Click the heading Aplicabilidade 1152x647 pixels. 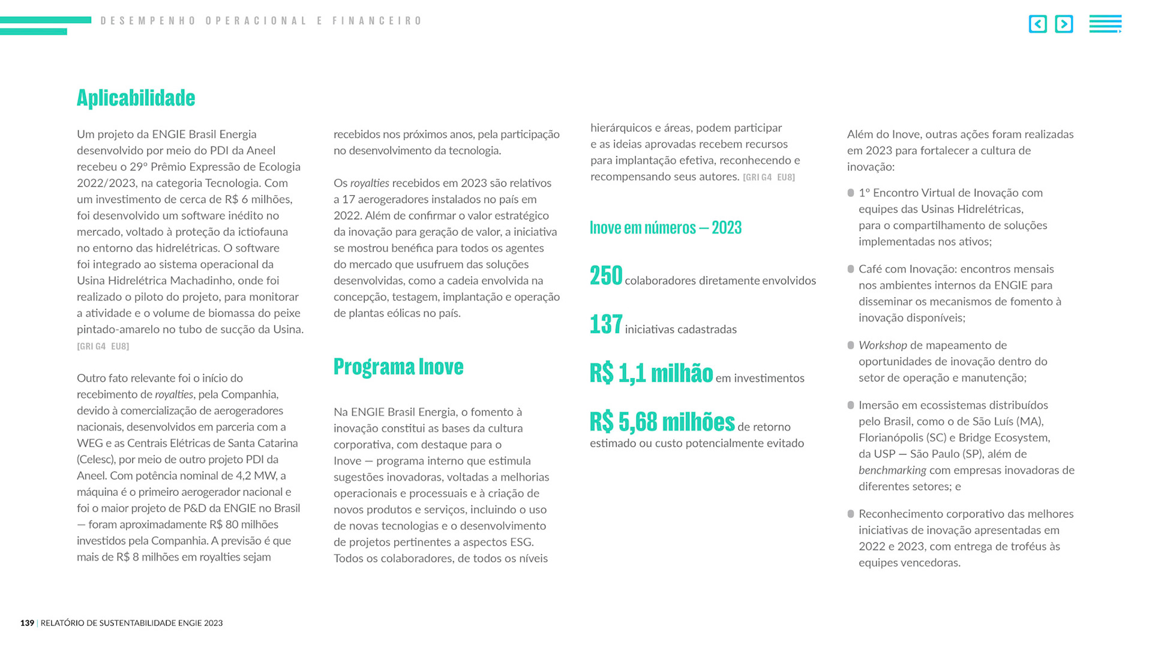pyautogui.click(x=136, y=98)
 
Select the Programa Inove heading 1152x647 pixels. pyautogui.click(x=398, y=366)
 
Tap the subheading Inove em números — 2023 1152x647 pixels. pyautogui.click(x=665, y=227)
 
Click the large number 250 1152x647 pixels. pyautogui.click(x=606, y=276)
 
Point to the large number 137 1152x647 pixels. pyautogui.click(x=606, y=325)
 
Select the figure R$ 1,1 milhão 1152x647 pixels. pyautogui.click(x=651, y=373)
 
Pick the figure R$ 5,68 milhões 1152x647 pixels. pyautogui.click(x=662, y=422)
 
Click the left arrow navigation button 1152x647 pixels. pyautogui.click(x=1037, y=24)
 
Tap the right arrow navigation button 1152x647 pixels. pyautogui.click(x=1064, y=24)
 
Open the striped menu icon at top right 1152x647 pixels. pyautogui.click(x=1105, y=24)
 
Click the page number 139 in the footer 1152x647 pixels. pyautogui.click(x=27, y=623)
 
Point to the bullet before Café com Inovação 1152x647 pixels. pyautogui.click(x=851, y=269)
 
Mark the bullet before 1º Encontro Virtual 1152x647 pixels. pyautogui.click(x=851, y=193)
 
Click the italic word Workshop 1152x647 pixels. pyautogui.click(x=883, y=345)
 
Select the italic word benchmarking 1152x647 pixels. pyautogui.click(x=892, y=470)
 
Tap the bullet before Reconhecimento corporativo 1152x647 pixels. pyautogui.click(x=851, y=514)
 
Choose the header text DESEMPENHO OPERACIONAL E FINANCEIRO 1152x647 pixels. pyautogui.click(x=261, y=21)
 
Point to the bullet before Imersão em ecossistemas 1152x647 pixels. pyautogui.click(x=851, y=405)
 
